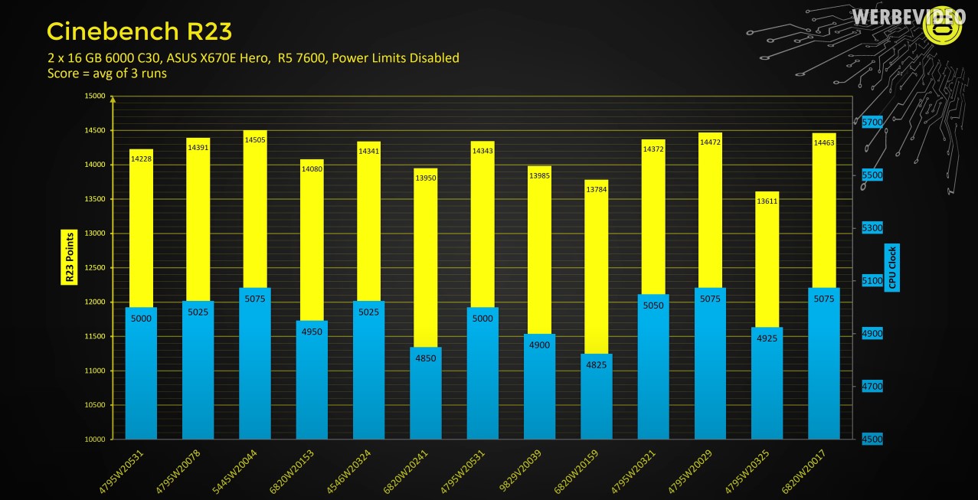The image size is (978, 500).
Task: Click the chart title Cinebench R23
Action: (139, 31)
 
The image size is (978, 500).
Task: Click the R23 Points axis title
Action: (68, 257)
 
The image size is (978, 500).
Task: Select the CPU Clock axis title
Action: (891, 268)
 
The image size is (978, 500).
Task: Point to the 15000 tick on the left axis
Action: (94, 96)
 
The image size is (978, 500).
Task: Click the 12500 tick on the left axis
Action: (94, 268)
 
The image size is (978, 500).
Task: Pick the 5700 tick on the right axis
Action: (872, 123)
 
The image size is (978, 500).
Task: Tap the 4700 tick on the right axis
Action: (872, 387)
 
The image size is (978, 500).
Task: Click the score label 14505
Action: (255, 140)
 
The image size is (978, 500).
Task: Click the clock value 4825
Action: (596, 364)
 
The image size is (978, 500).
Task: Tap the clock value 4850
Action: (426, 358)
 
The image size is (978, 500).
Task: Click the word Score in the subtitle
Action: (64, 74)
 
